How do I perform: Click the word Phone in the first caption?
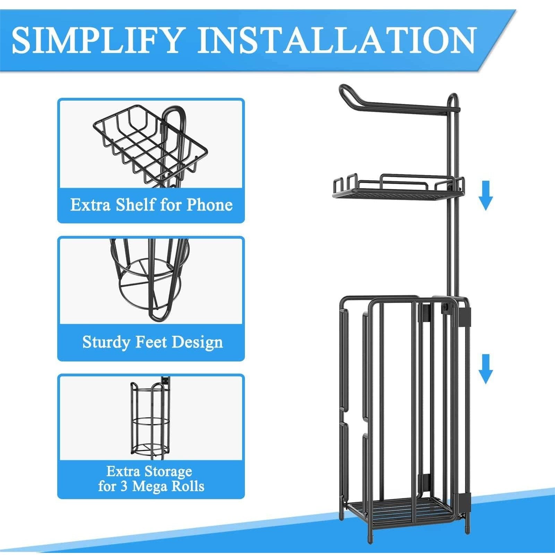[210, 205]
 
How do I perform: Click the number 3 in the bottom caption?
[123, 486]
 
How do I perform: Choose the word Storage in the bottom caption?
[168, 472]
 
